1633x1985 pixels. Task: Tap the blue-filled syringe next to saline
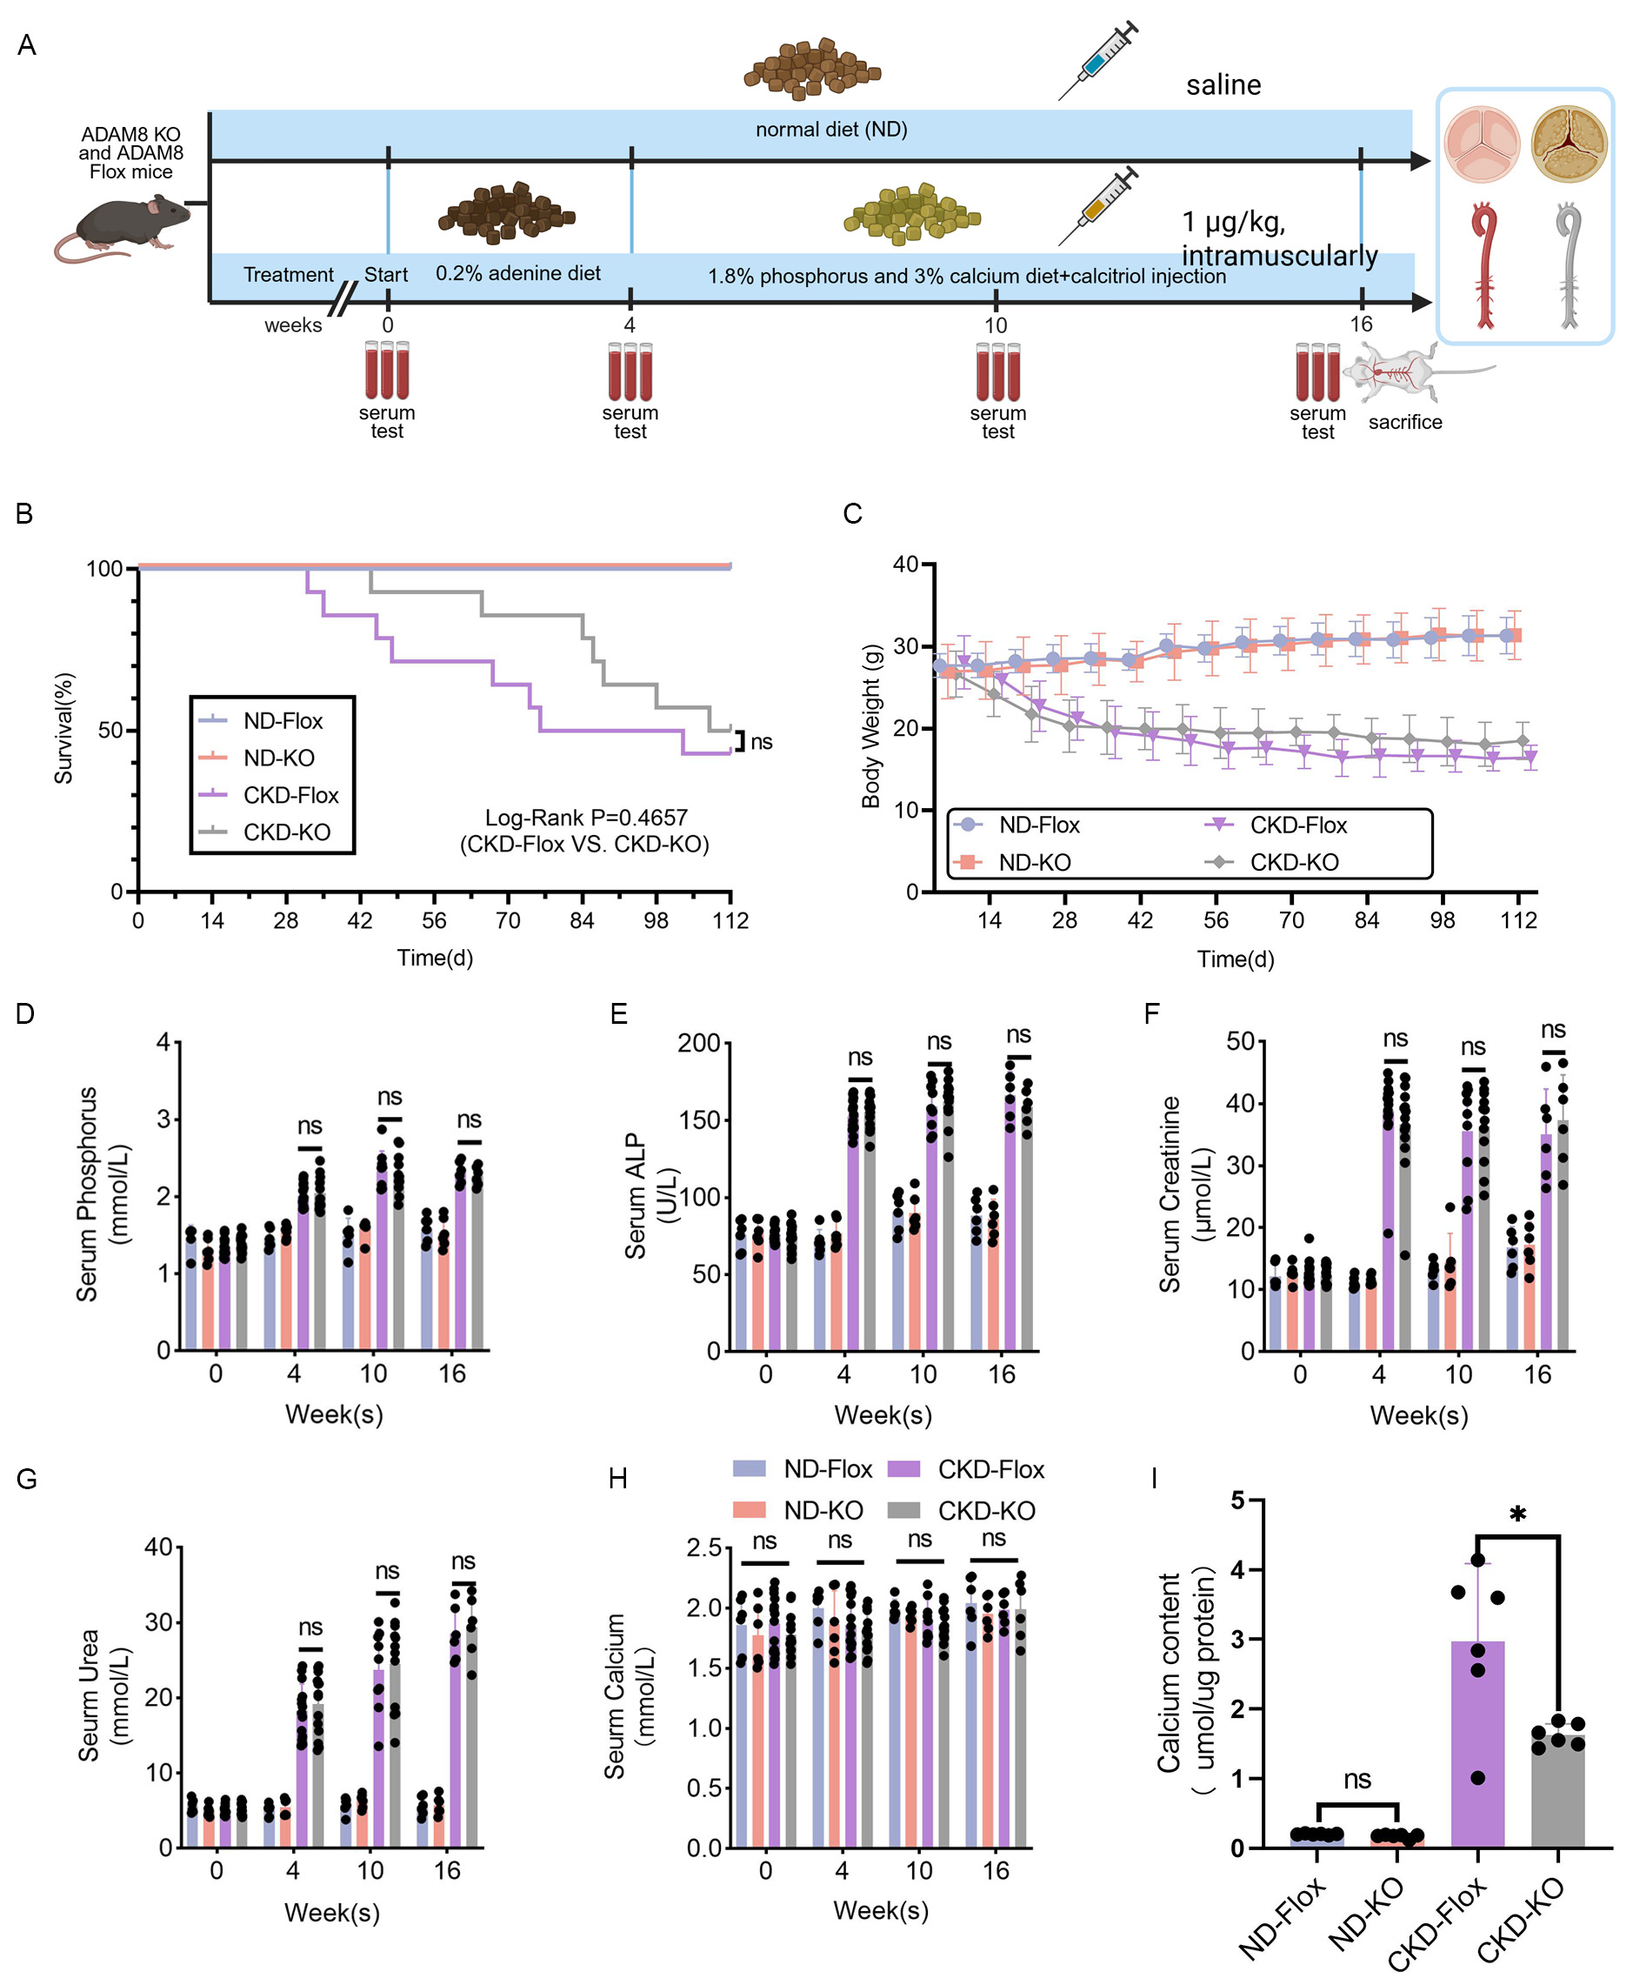point(1096,61)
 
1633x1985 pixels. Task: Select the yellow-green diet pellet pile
point(910,214)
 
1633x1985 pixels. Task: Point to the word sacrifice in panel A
point(1404,423)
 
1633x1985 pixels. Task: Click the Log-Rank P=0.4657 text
point(585,818)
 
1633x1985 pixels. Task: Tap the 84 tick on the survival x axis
point(582,921)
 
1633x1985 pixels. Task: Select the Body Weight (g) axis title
point(871,725)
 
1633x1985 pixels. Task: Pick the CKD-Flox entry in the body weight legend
point(1297,825)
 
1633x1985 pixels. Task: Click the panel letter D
point(25,1013)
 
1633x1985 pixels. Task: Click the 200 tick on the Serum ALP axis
point(698,1043)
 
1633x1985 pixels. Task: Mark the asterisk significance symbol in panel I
point(1517,1515)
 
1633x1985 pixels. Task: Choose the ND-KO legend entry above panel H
point(823,1510)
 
